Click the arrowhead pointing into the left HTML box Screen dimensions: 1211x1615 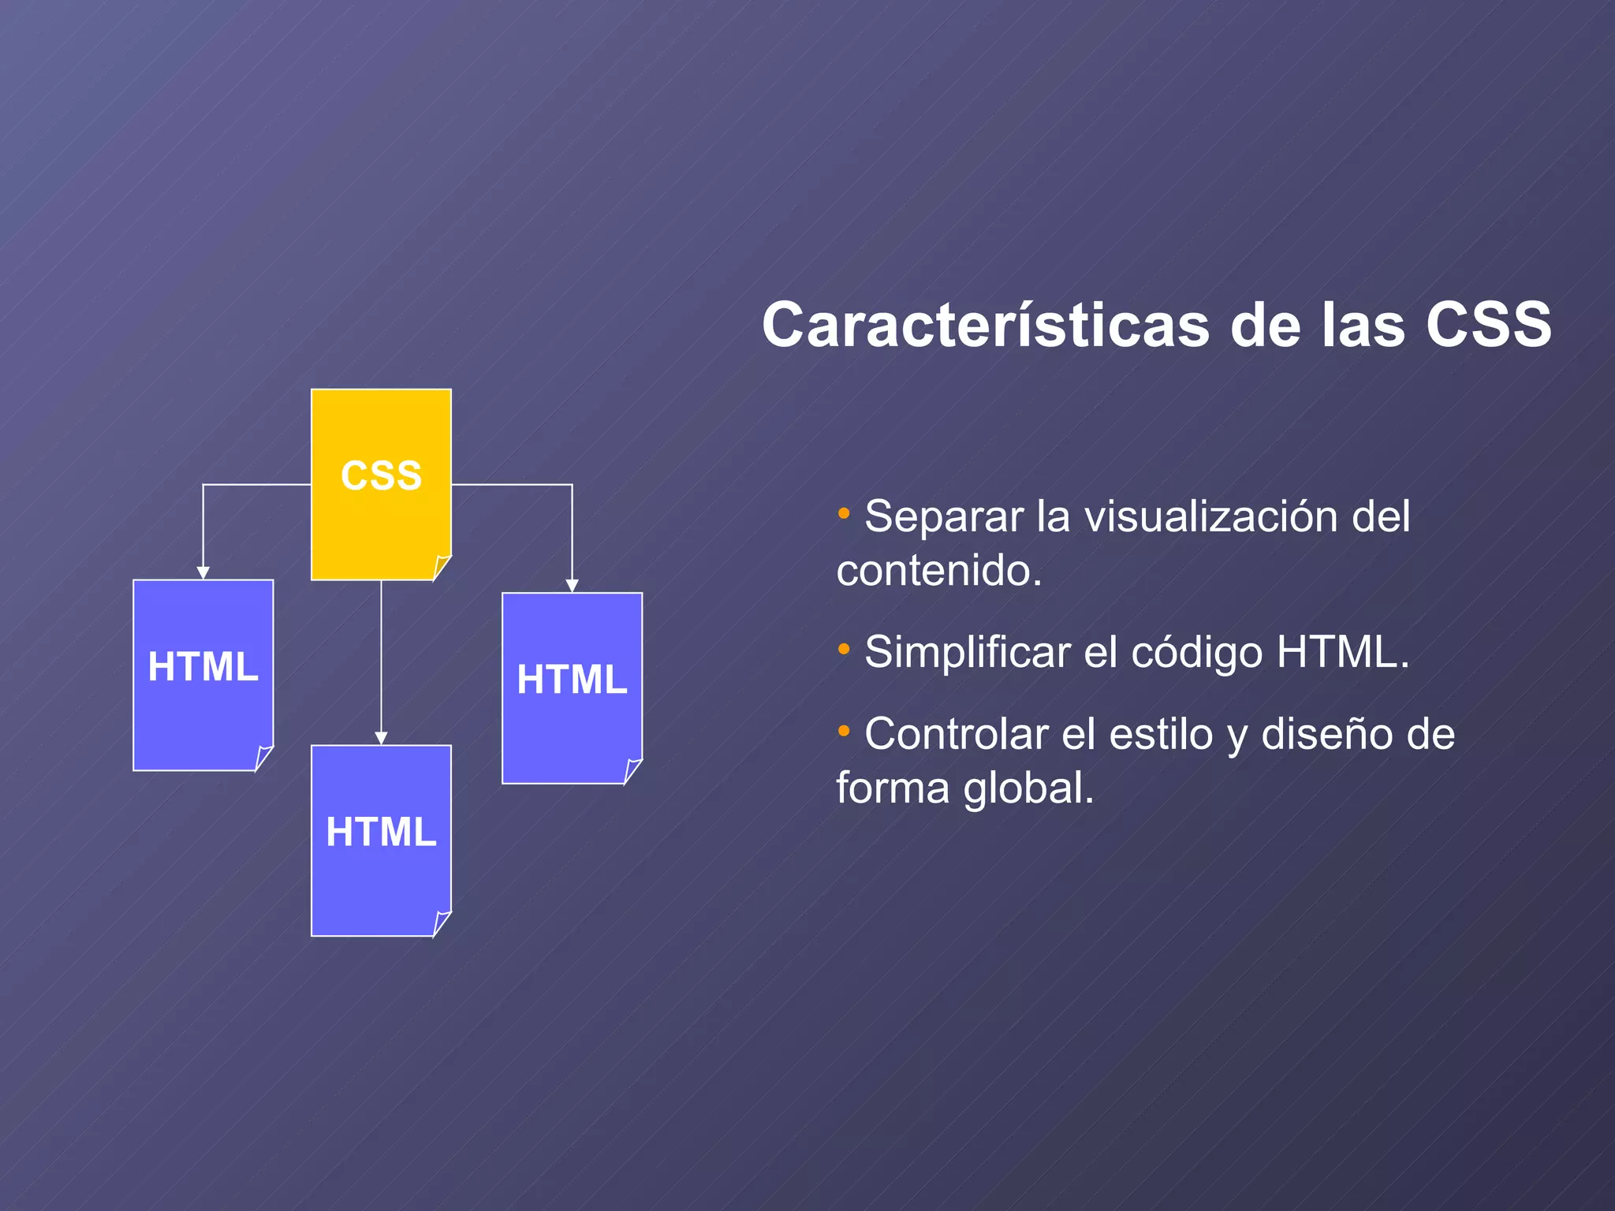tap(203, 573)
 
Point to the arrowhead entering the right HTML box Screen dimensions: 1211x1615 tap(572, 586)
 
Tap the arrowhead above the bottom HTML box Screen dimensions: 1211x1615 tap(381, 739)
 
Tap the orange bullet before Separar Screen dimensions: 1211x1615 tap(844, 513)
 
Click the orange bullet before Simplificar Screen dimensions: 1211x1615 tap(844, 649)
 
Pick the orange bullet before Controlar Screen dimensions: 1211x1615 tap(844, 731)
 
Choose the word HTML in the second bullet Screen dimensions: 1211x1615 tap(1337, 653)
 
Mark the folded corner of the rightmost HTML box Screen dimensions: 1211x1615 tap(632, 771)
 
